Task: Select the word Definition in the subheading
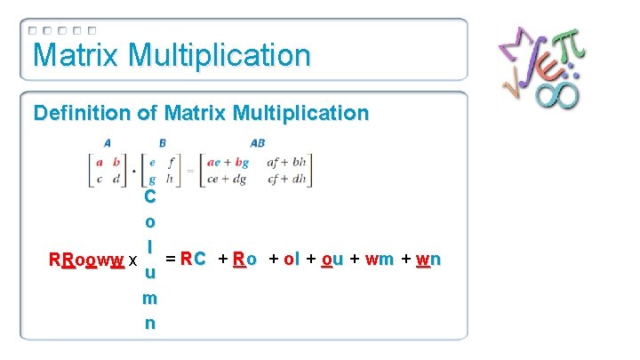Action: pyautogui.click(x=75, y=113)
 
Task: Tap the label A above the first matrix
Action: pyautogui.click(x=107, y=142)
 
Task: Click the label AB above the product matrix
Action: pyautogui.click(x=258, y=142)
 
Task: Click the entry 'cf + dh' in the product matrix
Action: pyautogui.click(x=287, y=177)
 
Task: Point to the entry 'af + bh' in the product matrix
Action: pyautogui.click(x=287, y=162)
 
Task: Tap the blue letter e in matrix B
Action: pyautogui.click(x=152, y=162)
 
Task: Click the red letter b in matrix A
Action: pyautogui.click(x=116, y=162)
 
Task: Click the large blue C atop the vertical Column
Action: pyautogui.click(x=150, y=196)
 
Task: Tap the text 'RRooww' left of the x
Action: pyautogui.click(x=86, y=261)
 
